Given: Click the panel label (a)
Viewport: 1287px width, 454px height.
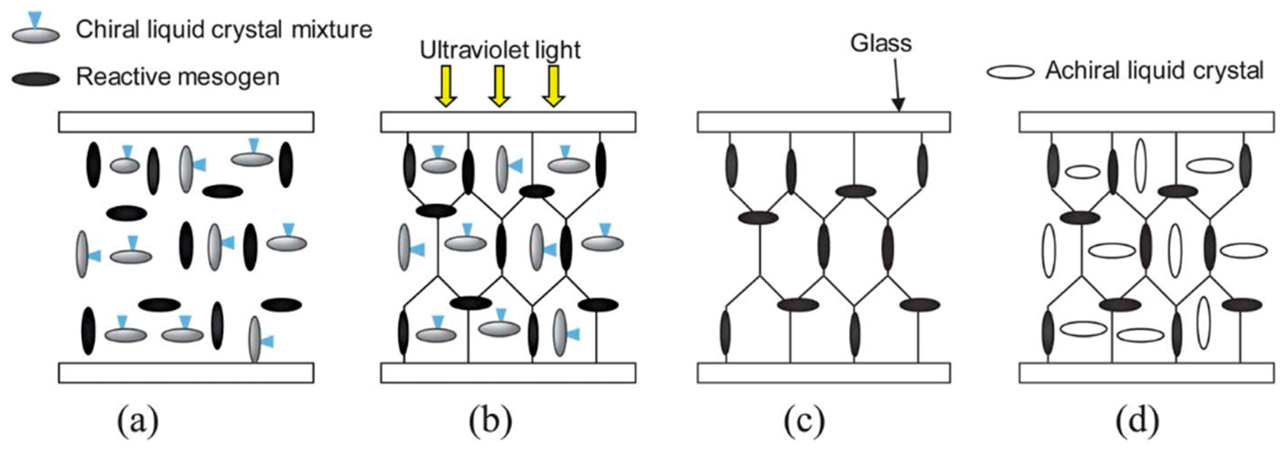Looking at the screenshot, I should (138, 421).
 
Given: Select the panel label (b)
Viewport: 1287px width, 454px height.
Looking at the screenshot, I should (490, 421).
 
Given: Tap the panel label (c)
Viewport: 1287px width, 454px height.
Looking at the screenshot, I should (804, 421).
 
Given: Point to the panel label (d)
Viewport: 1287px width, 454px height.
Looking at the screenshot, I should (1137, 421).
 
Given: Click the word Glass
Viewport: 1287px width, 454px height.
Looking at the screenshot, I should (881, 43).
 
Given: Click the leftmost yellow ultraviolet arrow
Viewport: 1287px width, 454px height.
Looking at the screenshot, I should (446, 85).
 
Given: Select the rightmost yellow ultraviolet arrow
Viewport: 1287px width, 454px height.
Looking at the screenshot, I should (553, 85).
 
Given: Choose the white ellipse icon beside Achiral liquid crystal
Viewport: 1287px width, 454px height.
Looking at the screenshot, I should (1010, 72).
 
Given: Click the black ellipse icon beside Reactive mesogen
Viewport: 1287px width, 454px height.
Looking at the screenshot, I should (36, 78).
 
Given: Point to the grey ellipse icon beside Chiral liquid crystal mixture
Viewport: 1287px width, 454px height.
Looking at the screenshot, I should (36, 34).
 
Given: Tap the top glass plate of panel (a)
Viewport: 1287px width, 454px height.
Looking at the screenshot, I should (186, 122).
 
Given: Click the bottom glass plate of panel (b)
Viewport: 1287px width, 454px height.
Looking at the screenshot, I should (508, 372).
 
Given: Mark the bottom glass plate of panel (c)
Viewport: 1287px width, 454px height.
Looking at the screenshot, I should (823, 372).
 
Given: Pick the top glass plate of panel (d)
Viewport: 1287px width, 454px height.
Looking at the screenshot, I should (1147, 122).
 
